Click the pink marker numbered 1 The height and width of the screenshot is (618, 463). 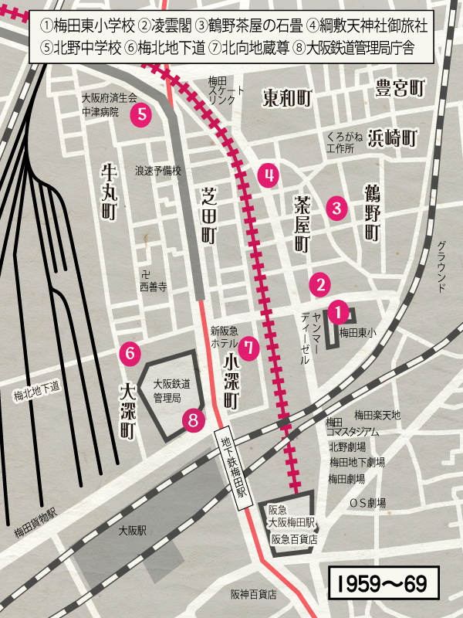coord(338,312)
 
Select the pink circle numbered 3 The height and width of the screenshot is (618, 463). coord(336,208)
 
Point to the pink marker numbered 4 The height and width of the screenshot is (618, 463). coord(269,176)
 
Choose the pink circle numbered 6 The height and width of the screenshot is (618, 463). coord(131,353)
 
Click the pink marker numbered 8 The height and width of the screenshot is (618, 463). coord(194,419)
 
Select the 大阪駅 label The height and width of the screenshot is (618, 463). coord(133,531)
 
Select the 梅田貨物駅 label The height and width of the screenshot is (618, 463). coord(35,533)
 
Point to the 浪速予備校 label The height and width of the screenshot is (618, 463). coord(158,171)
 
